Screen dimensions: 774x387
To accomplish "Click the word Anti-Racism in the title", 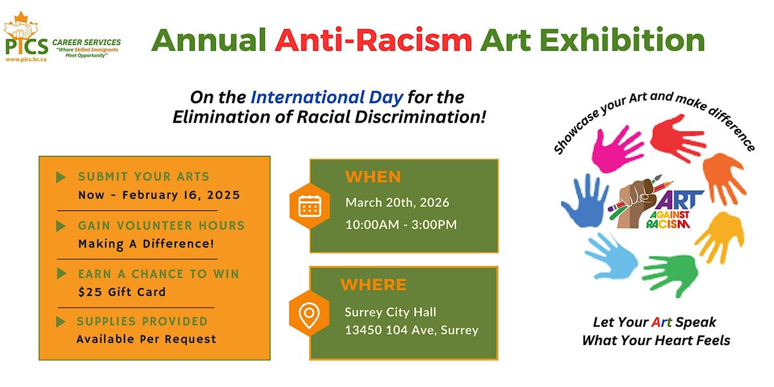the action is tap(373, 41).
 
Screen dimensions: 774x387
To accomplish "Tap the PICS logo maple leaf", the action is tap(21, 26).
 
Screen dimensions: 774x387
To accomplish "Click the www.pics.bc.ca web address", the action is tap(26, 59).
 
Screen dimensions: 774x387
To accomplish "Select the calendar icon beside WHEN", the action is tap(310, 206).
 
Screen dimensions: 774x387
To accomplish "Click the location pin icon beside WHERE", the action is tap(309, 313).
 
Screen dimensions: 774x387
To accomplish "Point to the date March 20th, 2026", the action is tap(397, 203).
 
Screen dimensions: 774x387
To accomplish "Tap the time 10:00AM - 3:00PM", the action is tap(401, 224).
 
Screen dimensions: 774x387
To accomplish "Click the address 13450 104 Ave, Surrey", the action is tap(412, 330).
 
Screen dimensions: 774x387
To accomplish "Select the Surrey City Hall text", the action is tap(390, 312).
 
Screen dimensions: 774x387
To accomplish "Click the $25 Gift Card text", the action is tap(122, 292).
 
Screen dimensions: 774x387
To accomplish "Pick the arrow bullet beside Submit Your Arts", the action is tap(61, 177).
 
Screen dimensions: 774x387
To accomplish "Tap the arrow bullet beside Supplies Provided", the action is tap(61, 321).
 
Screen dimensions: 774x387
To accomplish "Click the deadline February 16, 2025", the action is tap(181, 195).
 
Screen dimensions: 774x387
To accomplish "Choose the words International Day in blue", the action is tap(326, 97).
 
